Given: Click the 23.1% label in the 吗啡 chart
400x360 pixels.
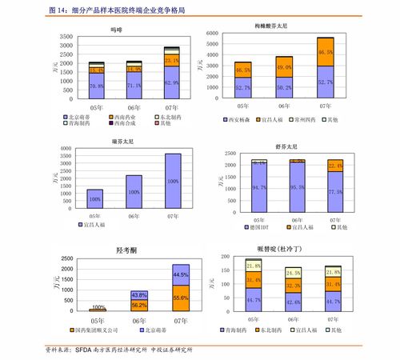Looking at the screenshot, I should coord(172,60).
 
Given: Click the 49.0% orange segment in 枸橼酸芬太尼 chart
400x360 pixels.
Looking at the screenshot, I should coord(283,68).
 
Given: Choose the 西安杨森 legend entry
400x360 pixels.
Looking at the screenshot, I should coord(245,120).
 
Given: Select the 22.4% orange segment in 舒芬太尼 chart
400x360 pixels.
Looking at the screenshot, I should coord(335,166).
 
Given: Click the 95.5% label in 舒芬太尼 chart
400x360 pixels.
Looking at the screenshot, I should coord(297,187).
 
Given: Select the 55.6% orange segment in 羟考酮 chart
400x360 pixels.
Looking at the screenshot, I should coord(180,298).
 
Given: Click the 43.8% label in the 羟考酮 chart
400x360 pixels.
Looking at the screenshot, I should coord(138,294).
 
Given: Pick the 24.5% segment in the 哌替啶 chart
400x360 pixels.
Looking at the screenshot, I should coord(294,273).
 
